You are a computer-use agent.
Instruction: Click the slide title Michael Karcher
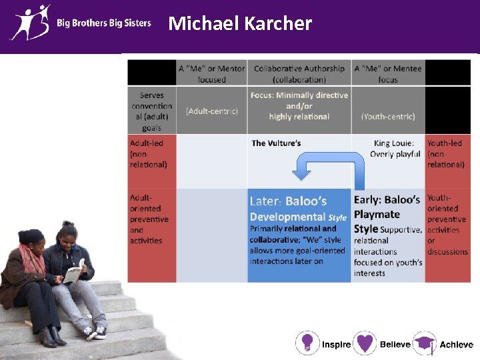[240, 24]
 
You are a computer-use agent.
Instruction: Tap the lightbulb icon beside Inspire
[307, 343]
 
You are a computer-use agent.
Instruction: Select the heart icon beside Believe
[365, 343]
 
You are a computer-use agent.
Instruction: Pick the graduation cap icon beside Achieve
[424, 343]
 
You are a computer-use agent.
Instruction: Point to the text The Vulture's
[276, 143]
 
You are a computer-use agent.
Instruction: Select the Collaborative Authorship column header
[299, 73]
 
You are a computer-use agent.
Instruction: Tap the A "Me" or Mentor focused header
[211, 73]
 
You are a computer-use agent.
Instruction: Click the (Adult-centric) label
[211, 111]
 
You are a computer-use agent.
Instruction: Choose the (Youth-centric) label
[388, 116]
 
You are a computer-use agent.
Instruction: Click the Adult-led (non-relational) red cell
[151, 153]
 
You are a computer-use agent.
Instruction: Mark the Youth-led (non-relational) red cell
[446, 153]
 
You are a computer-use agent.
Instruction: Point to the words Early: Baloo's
[387, 200]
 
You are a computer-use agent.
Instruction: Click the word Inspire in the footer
[336, 345]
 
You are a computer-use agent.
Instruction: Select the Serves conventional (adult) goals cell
[151, 111]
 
